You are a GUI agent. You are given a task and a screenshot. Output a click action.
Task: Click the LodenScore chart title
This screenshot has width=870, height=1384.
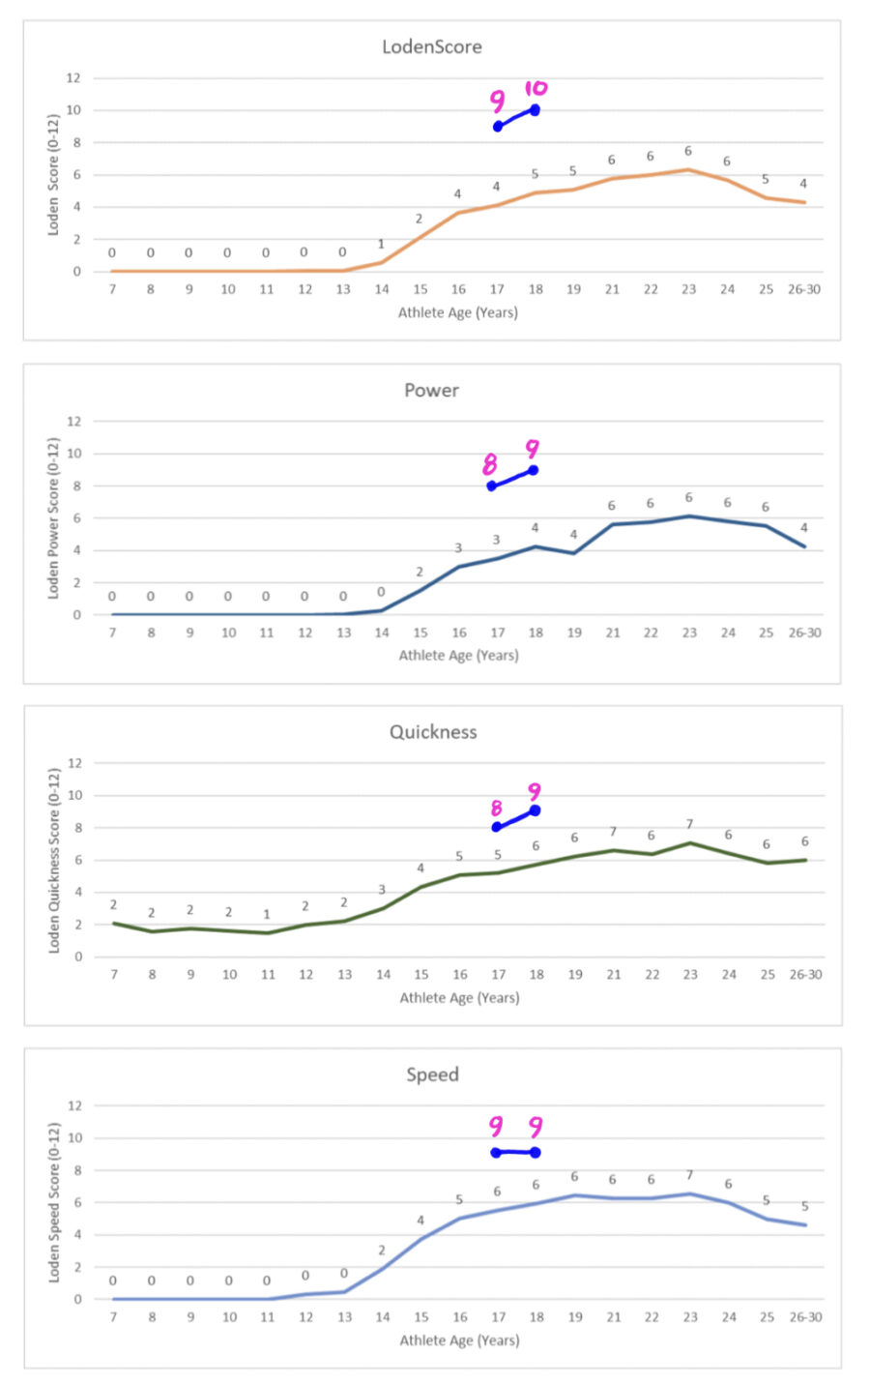click(x=431, y=46)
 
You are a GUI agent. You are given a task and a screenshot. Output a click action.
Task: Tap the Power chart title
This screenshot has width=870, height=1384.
click(x=431, y=391)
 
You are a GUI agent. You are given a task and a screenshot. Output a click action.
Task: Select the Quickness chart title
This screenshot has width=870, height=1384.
click(x=433, y=732)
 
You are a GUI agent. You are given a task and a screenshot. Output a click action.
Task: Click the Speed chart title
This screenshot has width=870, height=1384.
click(x=432, y=1075)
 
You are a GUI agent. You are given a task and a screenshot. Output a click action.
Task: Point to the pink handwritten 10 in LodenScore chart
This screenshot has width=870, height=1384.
click(x=536, y=88)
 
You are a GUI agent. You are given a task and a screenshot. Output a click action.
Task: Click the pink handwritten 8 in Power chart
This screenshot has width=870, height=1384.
click(x=490, y=466)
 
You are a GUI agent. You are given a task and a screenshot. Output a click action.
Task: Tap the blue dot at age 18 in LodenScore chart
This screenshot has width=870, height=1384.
click(x=535, y=110)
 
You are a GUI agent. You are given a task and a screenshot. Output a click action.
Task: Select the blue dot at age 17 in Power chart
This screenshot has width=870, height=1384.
click(x=492, y=486)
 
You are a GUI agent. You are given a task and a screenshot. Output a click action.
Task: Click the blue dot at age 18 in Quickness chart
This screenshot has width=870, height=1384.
click(x=535, y=810)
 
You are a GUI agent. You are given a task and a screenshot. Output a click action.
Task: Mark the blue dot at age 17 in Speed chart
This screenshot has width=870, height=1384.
click(x=496, y=1153)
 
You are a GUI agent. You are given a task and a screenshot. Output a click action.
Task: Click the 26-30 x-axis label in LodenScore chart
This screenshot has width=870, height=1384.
click(x=804, y=289)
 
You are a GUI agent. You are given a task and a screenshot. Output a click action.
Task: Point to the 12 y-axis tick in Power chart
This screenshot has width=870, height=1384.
click(x=74, y=422)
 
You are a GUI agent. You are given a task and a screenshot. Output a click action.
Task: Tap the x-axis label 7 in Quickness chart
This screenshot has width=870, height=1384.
click(x=113, y=975)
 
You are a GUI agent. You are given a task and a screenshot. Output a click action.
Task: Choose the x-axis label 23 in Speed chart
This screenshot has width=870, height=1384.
click(x=689, y=1317)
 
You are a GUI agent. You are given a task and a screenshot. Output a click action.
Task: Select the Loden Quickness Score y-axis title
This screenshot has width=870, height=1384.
click(x=54, y=860)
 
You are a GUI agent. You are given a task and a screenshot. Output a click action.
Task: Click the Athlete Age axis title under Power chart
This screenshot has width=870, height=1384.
click(x=458, y=656)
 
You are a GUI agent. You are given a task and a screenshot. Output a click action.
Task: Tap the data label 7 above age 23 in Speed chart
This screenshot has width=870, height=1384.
click(x=689, y=1175)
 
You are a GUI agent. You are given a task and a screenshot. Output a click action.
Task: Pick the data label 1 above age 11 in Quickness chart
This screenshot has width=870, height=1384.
click(x=267, y=914)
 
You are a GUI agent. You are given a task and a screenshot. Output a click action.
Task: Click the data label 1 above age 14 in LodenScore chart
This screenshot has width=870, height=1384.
click(x=381, y=244)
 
